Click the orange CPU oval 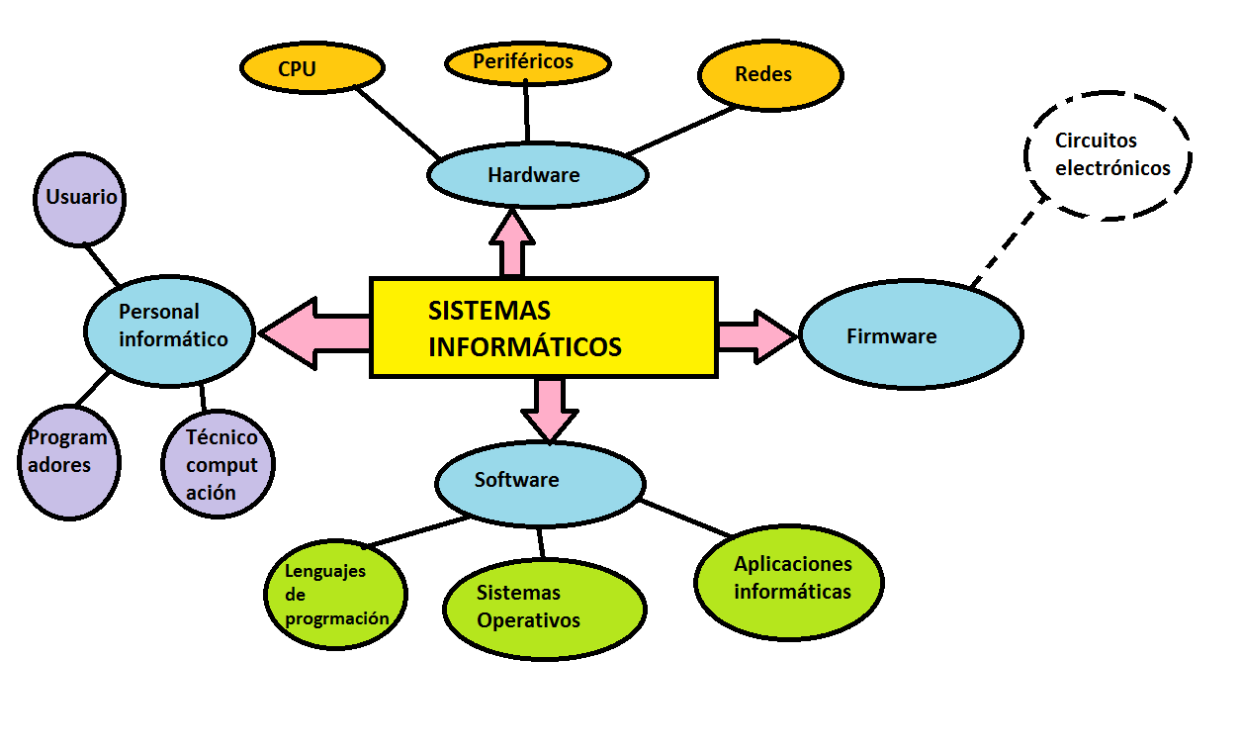311,68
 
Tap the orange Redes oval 770,75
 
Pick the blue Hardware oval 537,175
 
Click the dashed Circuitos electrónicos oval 1108,155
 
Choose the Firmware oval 911,335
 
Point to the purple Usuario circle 81,197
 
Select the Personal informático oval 170,329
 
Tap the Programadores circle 68,461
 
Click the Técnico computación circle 219,464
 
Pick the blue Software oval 540,482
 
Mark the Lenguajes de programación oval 335,595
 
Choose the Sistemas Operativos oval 544,608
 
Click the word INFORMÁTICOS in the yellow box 525,347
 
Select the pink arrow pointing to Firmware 754,335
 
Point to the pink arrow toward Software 549,406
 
